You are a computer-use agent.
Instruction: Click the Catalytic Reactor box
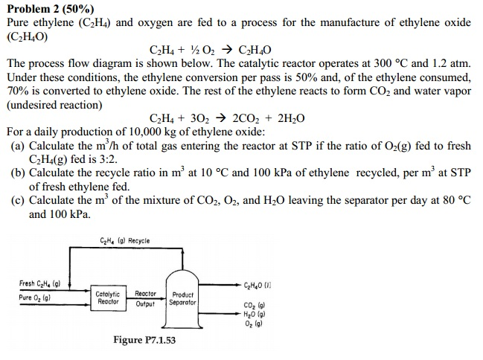107,299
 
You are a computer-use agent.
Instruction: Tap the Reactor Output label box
145,299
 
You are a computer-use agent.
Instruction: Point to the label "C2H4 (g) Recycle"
124,240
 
